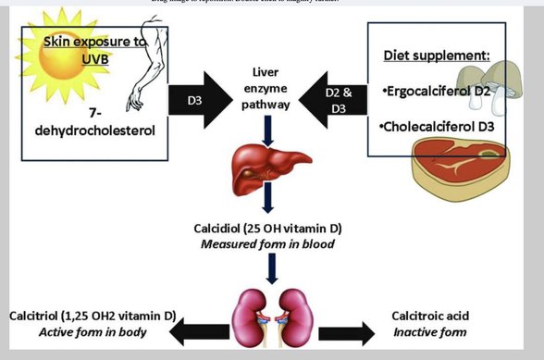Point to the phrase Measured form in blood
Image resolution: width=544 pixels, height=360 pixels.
(272, 245)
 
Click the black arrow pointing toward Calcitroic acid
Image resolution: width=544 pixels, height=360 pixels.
(346, 331)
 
